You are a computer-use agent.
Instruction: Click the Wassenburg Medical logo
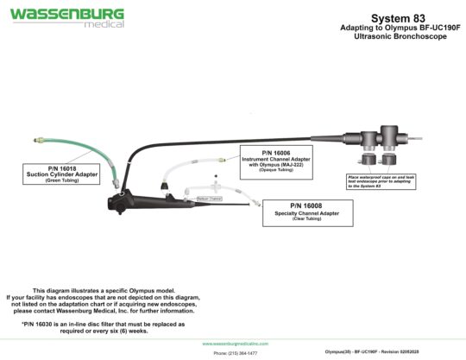coord(67,17)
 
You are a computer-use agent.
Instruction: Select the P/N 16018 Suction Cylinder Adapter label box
coord(63,174)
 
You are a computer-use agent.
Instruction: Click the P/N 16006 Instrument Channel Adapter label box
coord(276,161)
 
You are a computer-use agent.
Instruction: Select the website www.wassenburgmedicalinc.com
coord(234,344)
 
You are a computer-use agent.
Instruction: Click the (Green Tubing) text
coord(63,180)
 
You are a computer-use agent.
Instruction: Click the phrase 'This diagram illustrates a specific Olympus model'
coord(103,290)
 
